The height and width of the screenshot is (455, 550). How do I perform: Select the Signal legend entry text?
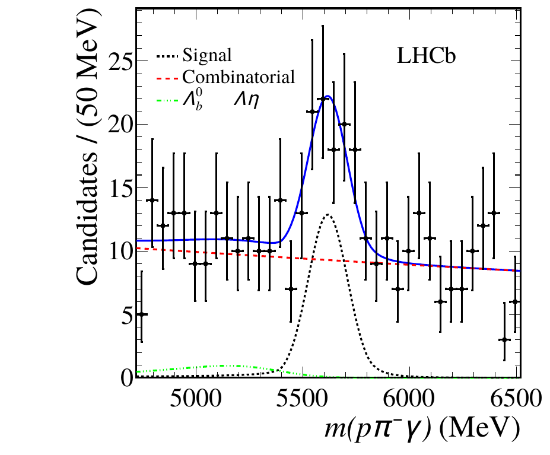207,56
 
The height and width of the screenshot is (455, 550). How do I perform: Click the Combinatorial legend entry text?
239,77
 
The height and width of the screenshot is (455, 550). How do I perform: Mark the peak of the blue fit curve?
328,96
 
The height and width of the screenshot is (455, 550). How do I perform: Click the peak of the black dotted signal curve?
328,215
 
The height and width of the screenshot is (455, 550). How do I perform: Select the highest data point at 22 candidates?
323,98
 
